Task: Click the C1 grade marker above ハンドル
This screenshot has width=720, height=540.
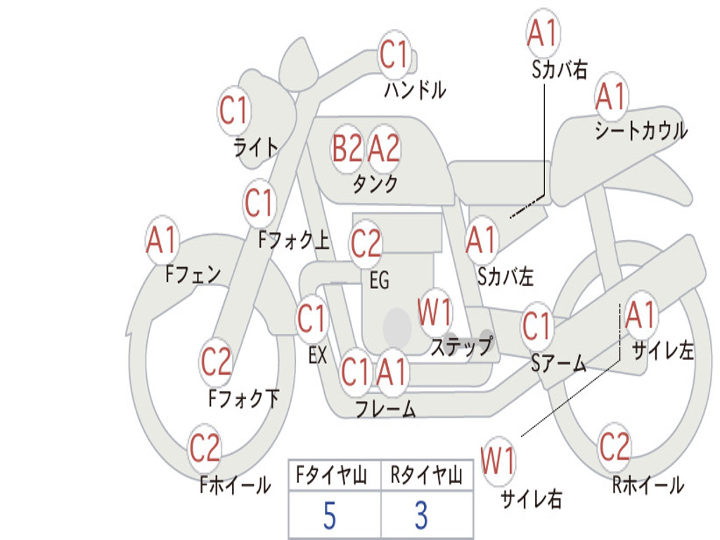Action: coord(394,54)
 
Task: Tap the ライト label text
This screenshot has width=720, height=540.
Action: coord(256,148)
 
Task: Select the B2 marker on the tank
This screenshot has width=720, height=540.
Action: coord(347,148)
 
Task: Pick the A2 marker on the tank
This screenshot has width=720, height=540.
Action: coord(384,148)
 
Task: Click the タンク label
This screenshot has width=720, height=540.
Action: coord(375,184)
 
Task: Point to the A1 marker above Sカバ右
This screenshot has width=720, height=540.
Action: coord(543,32)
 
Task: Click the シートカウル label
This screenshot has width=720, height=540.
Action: coord(641,130)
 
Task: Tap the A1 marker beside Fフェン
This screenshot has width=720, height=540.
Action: coord(162,240)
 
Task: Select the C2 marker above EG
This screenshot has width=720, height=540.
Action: coord(366,243)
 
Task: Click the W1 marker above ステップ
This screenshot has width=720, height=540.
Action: coord(435,311)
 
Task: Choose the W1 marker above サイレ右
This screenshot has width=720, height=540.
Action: coord(498,461)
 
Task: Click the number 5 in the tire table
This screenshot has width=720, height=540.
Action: coord(330,515)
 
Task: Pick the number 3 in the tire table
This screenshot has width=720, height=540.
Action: coord(422,515)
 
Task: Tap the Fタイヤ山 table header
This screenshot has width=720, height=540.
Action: coord(332,475)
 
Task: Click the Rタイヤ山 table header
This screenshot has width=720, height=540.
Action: coord(426,475)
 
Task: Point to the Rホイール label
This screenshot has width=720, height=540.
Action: coord(648,485)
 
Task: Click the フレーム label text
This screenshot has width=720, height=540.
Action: coord(386,409)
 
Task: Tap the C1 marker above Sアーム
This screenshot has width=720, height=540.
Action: coord(536,326)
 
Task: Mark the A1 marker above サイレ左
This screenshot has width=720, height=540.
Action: coord(640,314)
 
